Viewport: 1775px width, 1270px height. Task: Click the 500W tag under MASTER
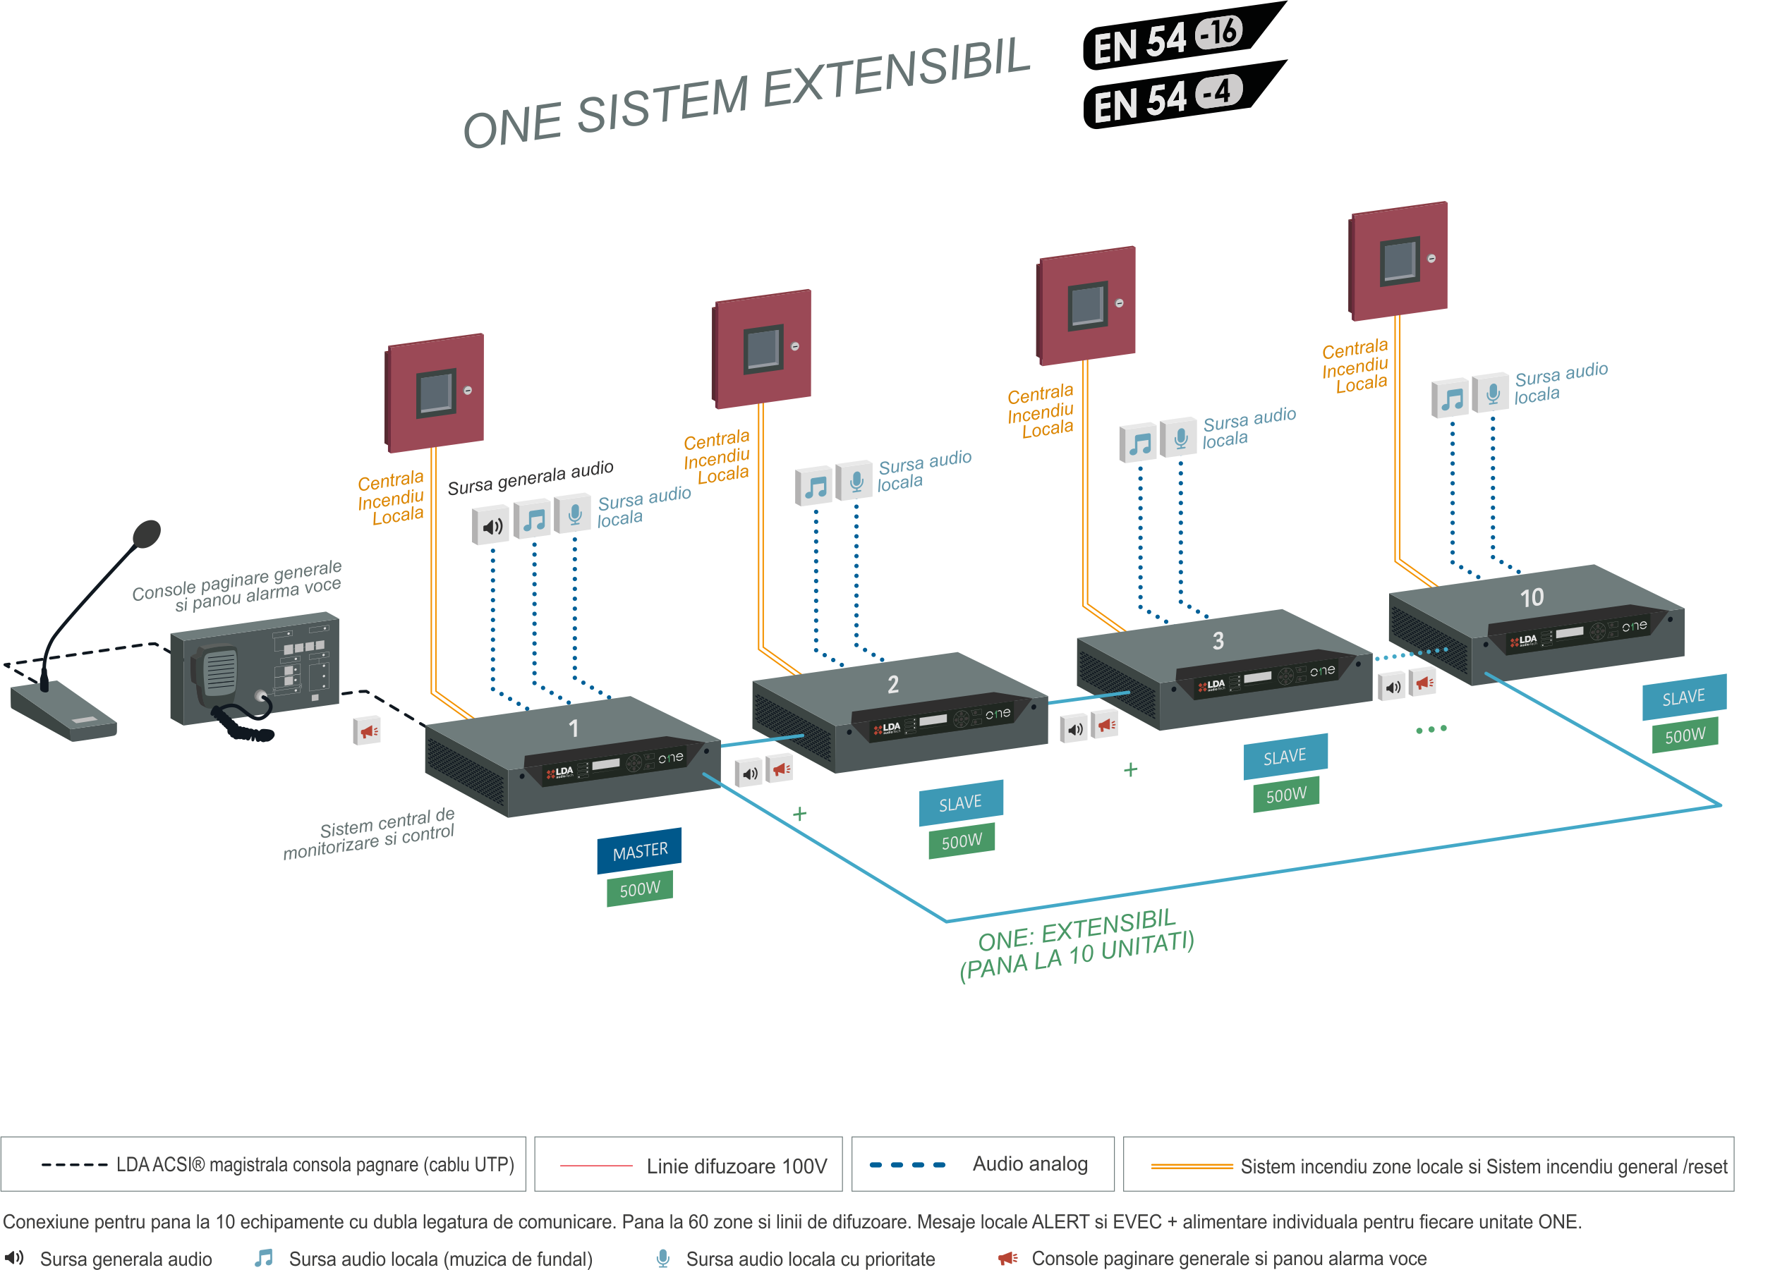pos(639,889)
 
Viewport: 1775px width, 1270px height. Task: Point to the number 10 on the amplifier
pos(1531,598)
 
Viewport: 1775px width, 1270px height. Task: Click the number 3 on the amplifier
pos(1218,641)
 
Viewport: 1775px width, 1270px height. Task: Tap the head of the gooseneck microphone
pos(146,534)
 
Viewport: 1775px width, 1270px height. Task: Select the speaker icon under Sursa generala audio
pos(491,526)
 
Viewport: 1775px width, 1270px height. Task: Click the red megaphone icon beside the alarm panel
pos(367,731)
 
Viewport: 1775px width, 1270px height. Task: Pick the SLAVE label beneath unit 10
pos(1683,697)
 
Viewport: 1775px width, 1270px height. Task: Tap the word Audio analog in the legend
pos(1029,1164)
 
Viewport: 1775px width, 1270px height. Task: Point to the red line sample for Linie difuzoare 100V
pos(596,1165)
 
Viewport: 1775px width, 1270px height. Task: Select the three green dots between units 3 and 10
pos(1431,730)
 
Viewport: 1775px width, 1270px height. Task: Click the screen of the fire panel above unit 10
pos(1399,260)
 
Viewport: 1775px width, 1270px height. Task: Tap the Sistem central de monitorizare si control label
pos(369,834)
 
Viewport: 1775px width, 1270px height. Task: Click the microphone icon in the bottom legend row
pos(662,1257)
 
